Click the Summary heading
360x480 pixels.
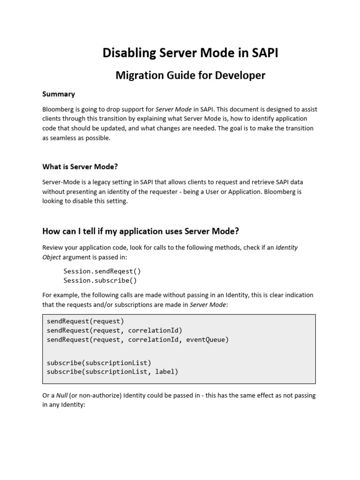[59, 94]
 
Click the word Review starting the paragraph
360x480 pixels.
[52, 247]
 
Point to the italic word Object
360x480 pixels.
[52, 257]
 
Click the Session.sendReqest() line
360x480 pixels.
[102, 271]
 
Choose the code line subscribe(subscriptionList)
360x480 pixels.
[99, 362]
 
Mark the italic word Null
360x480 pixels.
[60, 395]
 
